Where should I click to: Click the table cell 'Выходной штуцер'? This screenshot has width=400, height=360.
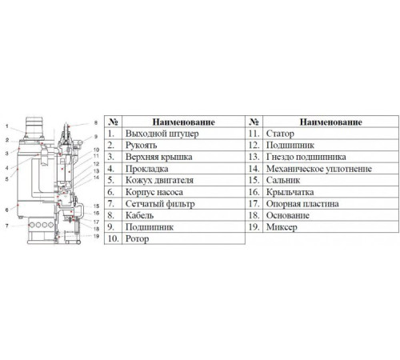(162, 134)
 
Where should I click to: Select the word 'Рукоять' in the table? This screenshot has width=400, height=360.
(141, 145)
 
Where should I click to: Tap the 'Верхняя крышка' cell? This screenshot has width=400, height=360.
(158, 157)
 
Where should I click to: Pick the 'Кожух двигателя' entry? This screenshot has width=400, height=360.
(159, 180)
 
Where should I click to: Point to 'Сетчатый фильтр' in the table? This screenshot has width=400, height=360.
(160, 204)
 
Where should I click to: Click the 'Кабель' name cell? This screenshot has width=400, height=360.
(139, 215)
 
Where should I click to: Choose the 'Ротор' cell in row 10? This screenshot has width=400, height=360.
(137, 238)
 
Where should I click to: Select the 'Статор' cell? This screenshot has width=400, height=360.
(280, 134)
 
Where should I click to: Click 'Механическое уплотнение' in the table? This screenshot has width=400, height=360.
(318, 169)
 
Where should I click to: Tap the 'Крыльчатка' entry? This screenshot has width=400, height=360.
(290, 192)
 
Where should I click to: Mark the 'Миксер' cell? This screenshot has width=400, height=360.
(282, 227)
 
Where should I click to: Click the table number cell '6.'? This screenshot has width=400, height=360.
(111, 192)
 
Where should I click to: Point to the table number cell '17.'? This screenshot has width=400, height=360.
(254, 204)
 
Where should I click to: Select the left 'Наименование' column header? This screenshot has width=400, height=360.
(183, 122)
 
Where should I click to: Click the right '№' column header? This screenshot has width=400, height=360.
(254, 122)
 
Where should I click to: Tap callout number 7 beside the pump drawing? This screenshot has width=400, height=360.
(7, 226)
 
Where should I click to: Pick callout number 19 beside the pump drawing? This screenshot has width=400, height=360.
(96, 236)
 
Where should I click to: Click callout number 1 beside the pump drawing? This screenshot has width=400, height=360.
(7, 126)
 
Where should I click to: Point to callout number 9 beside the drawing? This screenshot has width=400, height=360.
(96, 137)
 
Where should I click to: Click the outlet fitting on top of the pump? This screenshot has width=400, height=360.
(34, 127)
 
